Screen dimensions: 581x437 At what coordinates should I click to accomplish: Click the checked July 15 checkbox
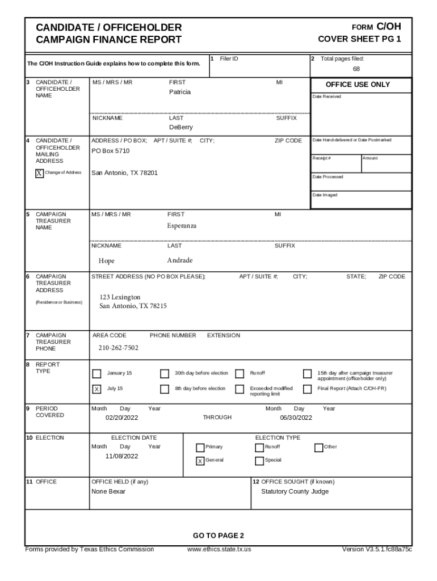(x=96, y=389)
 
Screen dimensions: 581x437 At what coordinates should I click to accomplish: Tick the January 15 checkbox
(x=96, y=373)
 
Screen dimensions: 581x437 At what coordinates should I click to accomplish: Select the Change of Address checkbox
(x=39, y=173)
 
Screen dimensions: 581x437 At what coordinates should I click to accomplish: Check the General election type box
(x=200, y=461)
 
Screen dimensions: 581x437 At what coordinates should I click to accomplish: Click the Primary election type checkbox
(x=200, y=447)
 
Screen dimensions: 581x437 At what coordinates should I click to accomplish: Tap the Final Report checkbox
(x=307, y=389)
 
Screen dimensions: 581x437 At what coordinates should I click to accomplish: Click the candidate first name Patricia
(x=180, y=92)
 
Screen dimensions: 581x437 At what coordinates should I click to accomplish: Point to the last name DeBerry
(x=180, y=128)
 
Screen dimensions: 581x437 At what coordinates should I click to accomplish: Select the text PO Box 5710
(x=111, y=151)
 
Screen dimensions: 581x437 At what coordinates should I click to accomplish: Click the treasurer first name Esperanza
(x=182, y=226)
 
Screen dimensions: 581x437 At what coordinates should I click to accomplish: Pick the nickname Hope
(x=107, y=261)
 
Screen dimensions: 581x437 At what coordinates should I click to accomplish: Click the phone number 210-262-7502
(x=119, y=348)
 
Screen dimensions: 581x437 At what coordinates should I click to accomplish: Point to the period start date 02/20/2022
(x=121, y=418)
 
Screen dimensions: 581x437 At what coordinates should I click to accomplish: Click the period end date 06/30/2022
(x=296, y=418)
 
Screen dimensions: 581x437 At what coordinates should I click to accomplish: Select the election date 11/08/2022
(x=121, y=456)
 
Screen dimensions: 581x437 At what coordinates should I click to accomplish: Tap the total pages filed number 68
(x=356, y=69)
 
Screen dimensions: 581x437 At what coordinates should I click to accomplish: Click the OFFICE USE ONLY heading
(x=358, y=85)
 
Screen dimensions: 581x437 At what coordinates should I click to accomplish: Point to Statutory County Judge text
(x=295, y=491)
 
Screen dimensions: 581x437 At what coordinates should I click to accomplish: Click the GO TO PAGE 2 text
(x=218, y=536)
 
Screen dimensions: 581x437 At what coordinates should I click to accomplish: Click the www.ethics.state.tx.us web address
(x=219, y=549)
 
